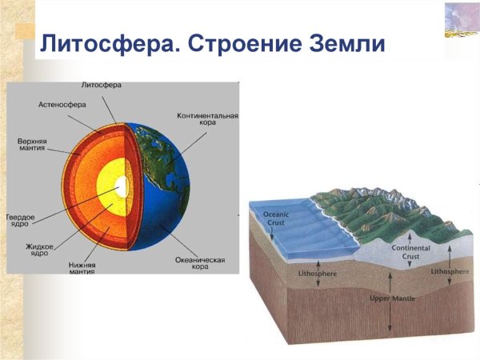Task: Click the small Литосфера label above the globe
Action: click(101, 85)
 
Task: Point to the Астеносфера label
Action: click(62, 105)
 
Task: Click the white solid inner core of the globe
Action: click(121, 187)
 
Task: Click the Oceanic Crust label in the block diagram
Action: click(277, 219)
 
